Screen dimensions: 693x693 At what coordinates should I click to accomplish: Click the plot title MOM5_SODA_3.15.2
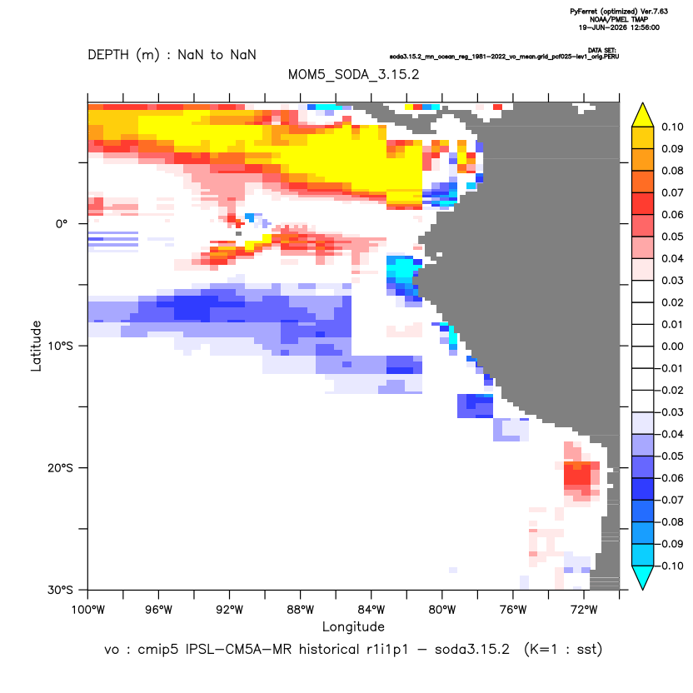[x=353, y=74]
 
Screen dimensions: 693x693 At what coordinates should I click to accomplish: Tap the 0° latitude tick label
[x=62, y=224]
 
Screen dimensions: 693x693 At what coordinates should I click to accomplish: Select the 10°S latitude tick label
[x=60, y=346]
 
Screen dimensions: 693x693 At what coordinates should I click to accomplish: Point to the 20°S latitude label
[x=60, y=467]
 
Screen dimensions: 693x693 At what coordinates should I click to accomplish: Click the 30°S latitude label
[x=60, y=590]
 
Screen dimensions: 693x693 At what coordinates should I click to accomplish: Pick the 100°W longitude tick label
[x=88, y=610]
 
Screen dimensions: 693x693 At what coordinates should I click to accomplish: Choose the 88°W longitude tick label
[x=300, y=610]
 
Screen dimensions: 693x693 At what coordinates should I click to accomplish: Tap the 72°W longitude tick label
[x=584, y=610]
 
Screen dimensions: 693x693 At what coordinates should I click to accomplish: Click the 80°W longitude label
[x=442, y=610]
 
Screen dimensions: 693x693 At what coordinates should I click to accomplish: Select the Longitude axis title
[x=353, y=626]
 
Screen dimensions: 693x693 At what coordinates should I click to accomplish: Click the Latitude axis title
[x=36, y=346]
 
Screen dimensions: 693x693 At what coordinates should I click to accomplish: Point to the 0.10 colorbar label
[x=672, y=127]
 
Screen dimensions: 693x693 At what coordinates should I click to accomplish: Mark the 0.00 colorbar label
[x=672, y=346]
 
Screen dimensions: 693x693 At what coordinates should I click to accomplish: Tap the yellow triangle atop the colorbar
[x=643, y=115]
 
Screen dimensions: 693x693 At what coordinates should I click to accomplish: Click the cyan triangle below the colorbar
[x=643, y=577]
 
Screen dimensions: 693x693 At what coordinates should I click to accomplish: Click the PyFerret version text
[x=619, y=12]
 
